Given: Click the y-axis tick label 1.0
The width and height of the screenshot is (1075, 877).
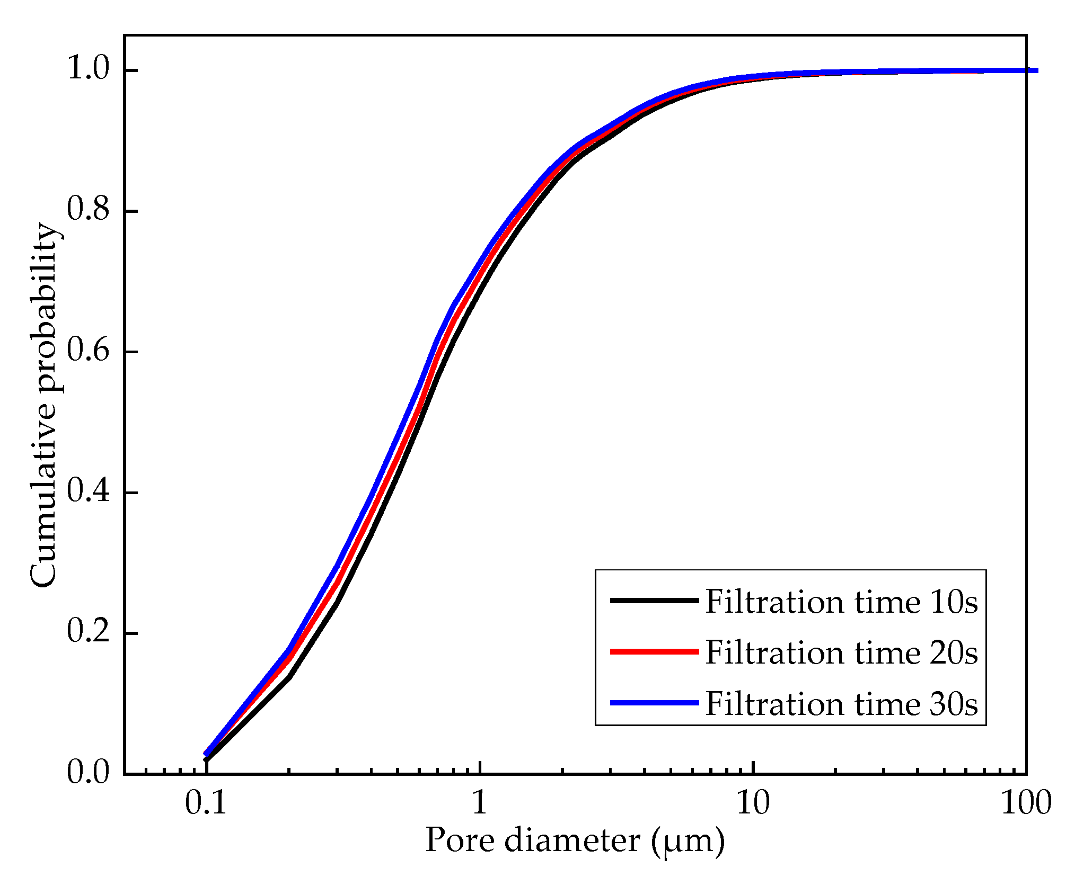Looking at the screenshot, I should [x=88, y=69].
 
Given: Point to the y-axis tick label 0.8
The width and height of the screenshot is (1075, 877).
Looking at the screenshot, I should [x=88, y=210].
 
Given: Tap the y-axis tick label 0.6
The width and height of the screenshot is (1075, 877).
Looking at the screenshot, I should [x=88, y=351].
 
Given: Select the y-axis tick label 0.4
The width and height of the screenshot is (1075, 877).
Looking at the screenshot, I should [x=88, y=491].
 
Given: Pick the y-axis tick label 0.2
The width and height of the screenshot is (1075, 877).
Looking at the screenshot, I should [x=88, y=632].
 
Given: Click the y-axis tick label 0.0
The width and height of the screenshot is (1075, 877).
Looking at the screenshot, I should [x=88, y=773].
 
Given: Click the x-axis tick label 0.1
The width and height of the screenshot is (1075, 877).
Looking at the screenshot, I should [x=206, y=803].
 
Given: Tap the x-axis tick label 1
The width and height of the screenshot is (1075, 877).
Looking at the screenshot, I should [x=479, y=803].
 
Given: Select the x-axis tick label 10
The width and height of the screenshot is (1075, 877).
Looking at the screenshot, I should [x=753, y=803].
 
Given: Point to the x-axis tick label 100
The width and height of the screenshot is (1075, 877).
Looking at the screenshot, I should [x=1026, y=803].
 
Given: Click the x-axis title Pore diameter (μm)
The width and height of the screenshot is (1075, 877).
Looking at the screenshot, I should [x=575, y=841].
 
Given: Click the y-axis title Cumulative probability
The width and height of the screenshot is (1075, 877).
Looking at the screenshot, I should [x=43, y=405].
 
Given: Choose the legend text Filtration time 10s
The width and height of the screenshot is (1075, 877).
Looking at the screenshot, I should [x=841, y=602].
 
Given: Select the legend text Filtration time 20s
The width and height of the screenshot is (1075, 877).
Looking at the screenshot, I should [x=841, y=652].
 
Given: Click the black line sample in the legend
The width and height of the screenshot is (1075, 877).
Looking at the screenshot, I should [x=654, y=601].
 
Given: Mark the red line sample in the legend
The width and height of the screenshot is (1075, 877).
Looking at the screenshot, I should [x=654, y=651].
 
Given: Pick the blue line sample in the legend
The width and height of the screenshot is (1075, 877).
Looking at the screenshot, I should [x=654, y=703].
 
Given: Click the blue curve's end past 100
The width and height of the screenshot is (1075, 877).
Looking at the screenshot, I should [x=1036, y=70].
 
